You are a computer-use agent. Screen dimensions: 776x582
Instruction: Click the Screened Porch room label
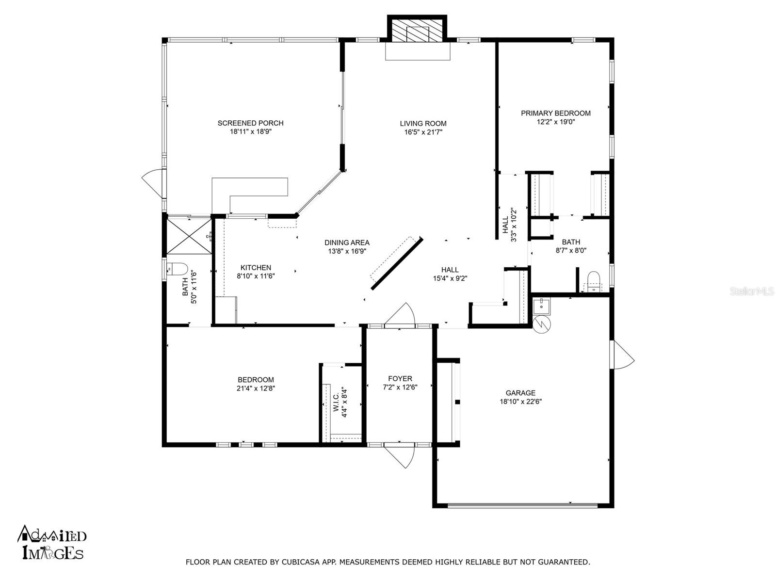[x=250, y=123]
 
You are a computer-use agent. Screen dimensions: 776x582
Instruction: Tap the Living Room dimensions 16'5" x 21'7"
[x=423, y=132]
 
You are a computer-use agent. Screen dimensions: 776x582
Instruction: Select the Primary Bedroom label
[x=556, y=113]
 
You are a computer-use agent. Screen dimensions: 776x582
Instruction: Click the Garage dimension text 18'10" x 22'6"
[x=521, y=402]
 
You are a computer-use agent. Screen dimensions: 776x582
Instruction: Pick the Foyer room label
[x=400, y=378]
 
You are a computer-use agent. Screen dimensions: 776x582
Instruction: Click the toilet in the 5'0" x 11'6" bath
[x=177, y=269]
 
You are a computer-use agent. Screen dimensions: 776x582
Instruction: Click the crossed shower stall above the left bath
[x=189, y=235]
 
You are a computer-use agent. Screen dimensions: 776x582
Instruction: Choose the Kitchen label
[x=256, y=268]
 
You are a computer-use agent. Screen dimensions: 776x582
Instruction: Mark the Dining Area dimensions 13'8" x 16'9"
[x=347, y=251]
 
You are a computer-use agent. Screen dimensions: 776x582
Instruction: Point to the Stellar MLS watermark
[x=751, y=291]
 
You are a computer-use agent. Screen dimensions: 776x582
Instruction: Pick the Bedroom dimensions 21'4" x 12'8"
[x=256, y=388]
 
